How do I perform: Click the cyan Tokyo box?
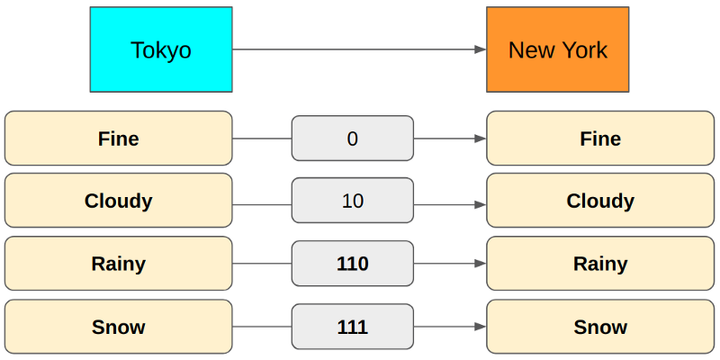point(161,49)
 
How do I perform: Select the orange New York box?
point(558,49)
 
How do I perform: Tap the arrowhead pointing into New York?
point(481,49)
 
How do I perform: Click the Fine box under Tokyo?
point(119,139)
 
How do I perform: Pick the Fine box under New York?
point(600,139)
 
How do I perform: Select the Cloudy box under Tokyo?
point(119,200)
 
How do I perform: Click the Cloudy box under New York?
point(600,200)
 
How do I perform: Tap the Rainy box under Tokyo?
point(119,264)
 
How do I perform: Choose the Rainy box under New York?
point(600,264)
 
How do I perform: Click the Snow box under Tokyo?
point(119,327)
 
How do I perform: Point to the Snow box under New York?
point(600,327)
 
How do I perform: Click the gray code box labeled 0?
point(353,139)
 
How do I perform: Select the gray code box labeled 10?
point(353,200)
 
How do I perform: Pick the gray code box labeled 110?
point(353,264)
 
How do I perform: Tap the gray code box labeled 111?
point(353,327)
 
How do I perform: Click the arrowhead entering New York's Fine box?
point(481,139)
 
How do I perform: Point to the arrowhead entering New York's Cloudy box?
point(481,205)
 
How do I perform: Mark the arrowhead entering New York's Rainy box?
point(481,264)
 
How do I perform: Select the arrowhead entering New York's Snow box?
point(481,327)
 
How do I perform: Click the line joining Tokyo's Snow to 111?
point(262,327)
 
